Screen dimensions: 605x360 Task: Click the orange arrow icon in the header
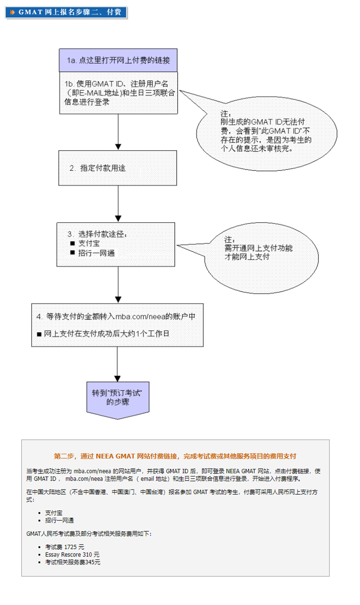coord(12,12)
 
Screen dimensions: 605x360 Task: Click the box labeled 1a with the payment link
coord(118,60)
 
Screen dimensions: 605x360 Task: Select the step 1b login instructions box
coord(118,93)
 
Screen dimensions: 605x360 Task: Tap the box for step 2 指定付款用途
coord(117,168)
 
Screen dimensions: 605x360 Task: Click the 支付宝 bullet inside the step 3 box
coord(89,243)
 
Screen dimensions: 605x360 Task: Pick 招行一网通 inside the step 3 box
coord(96,253)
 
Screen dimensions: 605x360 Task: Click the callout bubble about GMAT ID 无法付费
coord(266,133)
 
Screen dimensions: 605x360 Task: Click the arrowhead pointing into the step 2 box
coord(118,147)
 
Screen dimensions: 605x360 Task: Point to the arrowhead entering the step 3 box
coord(118,219)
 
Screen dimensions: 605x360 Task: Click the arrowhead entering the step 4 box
coord(118,300)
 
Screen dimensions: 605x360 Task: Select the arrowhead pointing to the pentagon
coord(117,378)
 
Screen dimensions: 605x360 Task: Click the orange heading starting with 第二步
coord(175,456)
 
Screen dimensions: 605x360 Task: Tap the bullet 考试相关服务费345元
coord(72,562)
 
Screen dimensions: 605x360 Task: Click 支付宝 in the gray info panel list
coord(54,513)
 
